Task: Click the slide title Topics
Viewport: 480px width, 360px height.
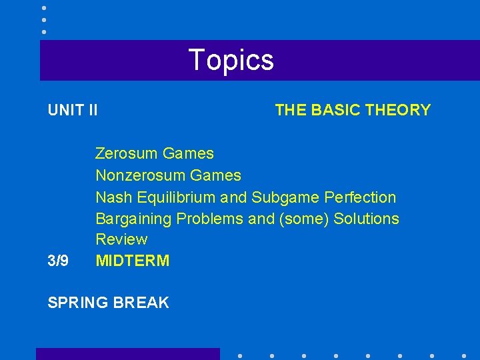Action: pyautogui.click(x=231, y=60)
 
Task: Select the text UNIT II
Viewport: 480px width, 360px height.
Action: pyautogui.click(x=73, y=110)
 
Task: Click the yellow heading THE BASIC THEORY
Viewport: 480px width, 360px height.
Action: pyautogui.click(x=353, y=110)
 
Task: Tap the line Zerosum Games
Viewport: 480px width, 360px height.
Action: pyautogui.click(x=155, y=154)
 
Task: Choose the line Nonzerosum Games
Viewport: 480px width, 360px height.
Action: pyautogui.click(x=168, y=176)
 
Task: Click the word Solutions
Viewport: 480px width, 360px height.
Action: pyautogui.click(x=367, y=219)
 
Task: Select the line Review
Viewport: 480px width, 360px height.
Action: pyautogui.click(x=121, y=239)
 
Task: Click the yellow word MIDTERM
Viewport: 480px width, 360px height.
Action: pyautogui.click(x=133, y=261)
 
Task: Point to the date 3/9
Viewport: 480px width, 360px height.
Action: pyautogui.click(x=58, y=261)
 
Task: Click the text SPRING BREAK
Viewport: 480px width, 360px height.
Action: pyautogui.click(x=109, y=303)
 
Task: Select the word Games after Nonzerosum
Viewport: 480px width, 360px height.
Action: pyautogui.click(x=215, y=176)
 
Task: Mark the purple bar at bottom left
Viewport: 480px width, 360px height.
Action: pyautogui.click(x=127, y=354)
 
